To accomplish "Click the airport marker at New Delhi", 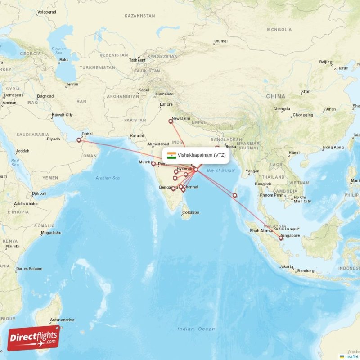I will (171, 121).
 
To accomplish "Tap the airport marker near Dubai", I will (79, 140).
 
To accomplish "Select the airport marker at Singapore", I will (281, 238).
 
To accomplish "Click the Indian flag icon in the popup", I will (171, 155).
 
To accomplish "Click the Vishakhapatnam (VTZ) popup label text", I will (202, 155).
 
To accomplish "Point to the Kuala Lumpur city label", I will (286, 229).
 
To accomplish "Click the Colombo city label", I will (190, 212).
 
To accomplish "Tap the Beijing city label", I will (325, 62).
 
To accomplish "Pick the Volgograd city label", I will (46, 12).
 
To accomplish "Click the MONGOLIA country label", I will (279, 30).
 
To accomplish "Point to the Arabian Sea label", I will (108, 178).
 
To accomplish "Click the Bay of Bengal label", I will (221, 170).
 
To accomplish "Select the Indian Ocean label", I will (196, 329).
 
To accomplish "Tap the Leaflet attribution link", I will (351, 356).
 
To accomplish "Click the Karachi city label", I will (136, 136).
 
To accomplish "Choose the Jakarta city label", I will (286, 266).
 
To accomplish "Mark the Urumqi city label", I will (220, 41).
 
